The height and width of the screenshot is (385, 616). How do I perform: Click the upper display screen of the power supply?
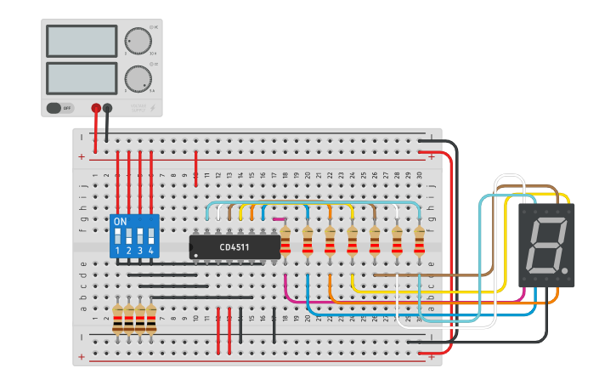coord(82,41)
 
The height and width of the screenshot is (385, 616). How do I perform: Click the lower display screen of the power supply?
coord(82,78)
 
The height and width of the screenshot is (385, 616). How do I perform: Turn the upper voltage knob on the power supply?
coord(137,41)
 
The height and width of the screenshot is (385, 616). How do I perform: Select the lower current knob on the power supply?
coord(137,79)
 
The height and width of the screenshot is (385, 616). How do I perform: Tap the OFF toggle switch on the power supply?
coord(59,108)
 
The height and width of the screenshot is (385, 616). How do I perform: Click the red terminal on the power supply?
coord(96,108)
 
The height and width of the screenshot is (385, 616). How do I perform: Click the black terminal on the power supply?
coord(107,108)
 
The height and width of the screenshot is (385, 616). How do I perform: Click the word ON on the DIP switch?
coord(121,221)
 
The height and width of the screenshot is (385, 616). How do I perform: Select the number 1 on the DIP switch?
coord(117,251)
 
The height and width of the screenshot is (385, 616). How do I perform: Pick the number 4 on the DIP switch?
coord(151,251)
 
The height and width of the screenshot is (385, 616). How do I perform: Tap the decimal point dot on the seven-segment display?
coord(565,272)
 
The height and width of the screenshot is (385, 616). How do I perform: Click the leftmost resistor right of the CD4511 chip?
coord(285,241)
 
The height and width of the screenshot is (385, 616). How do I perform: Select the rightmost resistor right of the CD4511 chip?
coord(419,241)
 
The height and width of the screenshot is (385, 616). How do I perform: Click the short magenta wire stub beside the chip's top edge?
coord(279,218)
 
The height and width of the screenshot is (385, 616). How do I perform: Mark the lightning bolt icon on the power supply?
coord(153,108)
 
